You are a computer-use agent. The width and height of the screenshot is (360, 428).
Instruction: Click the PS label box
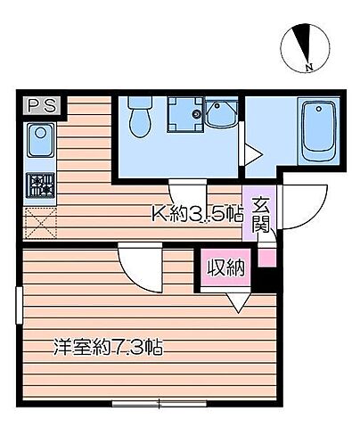click(x=39, y=105)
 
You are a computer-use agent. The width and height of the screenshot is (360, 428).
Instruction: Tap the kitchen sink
click(x=39, y=140)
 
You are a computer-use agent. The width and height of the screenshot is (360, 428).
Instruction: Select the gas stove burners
click(x=40, y=186)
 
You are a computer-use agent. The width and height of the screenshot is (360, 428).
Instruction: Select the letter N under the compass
click(x=308, y=68)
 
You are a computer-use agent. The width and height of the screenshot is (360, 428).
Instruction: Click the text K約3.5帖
click(x=196, y=214)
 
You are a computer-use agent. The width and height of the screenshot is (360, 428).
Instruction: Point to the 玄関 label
click(x=260, y=215)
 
